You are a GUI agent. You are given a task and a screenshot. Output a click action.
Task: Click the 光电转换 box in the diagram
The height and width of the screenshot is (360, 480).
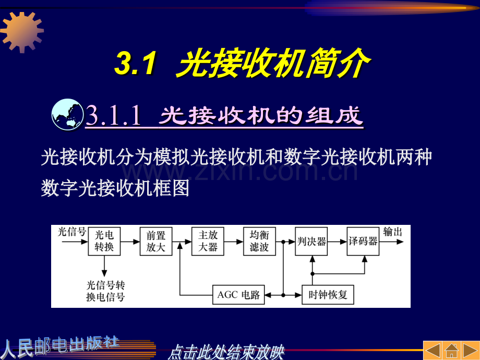click(x=104, y=241)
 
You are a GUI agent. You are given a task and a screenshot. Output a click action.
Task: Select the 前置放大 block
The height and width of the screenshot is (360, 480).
click(x=155, y=241)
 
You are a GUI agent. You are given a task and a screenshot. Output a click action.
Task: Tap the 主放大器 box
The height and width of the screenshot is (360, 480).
click(x=208, y=241)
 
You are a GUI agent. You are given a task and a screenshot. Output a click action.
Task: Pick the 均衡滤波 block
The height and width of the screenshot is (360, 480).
click(x=259, y=241)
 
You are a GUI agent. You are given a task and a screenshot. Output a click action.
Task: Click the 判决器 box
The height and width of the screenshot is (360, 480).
click(x=311, y=241)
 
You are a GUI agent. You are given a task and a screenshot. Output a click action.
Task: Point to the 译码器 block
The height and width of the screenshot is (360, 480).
click(x=363, y=241)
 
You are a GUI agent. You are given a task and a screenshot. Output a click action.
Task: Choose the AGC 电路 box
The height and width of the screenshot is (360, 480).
click(x=238, y=295)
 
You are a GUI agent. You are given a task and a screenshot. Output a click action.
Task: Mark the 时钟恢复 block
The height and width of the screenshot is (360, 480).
click(x=328, y=295)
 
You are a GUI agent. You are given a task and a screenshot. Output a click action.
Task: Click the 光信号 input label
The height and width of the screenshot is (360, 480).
click(x=72, y=232)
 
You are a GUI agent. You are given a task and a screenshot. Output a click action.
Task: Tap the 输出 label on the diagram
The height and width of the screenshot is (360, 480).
click(x=393, y=232)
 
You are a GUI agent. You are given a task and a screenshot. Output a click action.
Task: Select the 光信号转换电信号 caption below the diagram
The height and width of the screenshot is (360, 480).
click(x=105, y=291)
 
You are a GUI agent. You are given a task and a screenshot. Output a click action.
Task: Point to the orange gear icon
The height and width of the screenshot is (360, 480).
click(x=21, y=31)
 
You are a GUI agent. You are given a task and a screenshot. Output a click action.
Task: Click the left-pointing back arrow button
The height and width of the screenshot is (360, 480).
click(x=433, y=350)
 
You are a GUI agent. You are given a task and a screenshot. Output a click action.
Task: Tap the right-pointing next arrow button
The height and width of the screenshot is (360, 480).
click(x=470, y=350)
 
